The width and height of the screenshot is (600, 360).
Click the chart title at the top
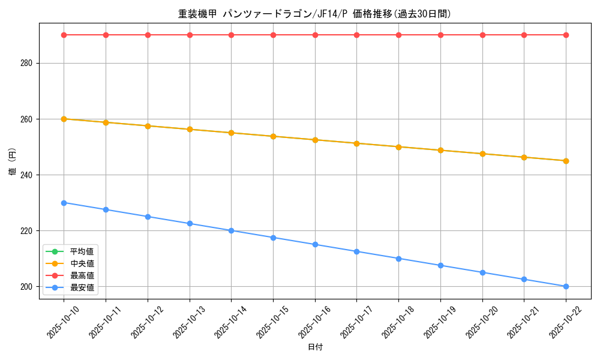pyautogui.click(x=314, y=14)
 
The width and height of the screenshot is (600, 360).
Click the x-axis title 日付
pyautogui.click(x=315, y=347)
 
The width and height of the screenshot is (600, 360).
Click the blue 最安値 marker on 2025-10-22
pyautogui.click(x=566, y=286)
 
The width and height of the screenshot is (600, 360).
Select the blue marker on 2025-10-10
pyautogui.click(x=64, y=203)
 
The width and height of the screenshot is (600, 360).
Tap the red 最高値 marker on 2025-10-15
pyautogui.click(x=273, y=35)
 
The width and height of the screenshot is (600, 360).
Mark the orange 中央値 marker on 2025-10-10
pyautogui.click(x=64, y=119)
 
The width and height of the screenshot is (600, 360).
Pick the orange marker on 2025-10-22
pyautogui.click(x=566, y=161)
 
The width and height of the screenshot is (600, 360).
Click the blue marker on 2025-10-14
pyautogui.click(x=231, y=230)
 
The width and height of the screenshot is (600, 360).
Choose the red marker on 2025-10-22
pyautogui.click(x=566, y=35)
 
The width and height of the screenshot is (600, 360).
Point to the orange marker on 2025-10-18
pyautogui.click(x=398, y=147)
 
